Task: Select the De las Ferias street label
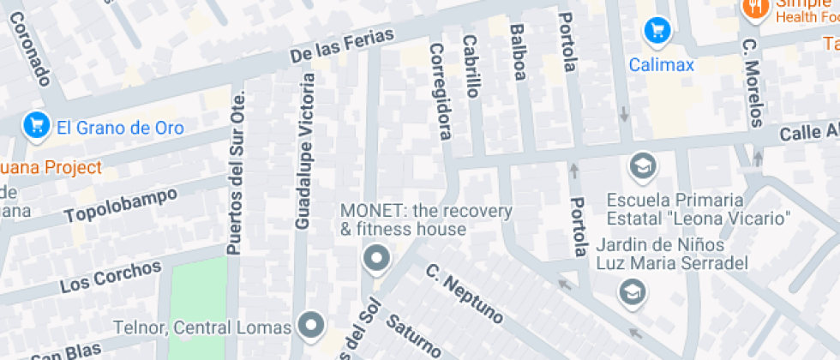(342, 45)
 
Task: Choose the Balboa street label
(517, 52)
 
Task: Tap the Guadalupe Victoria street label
(304, 151)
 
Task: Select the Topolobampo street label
(121, 205)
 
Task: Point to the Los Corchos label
(111, 276)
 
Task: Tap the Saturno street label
(413, 335)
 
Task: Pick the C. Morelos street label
(753, 81)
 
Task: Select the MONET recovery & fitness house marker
(375, 257)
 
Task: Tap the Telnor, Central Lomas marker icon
(310, 325)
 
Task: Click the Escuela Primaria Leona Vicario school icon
(641, 165)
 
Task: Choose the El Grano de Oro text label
(120, 128)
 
